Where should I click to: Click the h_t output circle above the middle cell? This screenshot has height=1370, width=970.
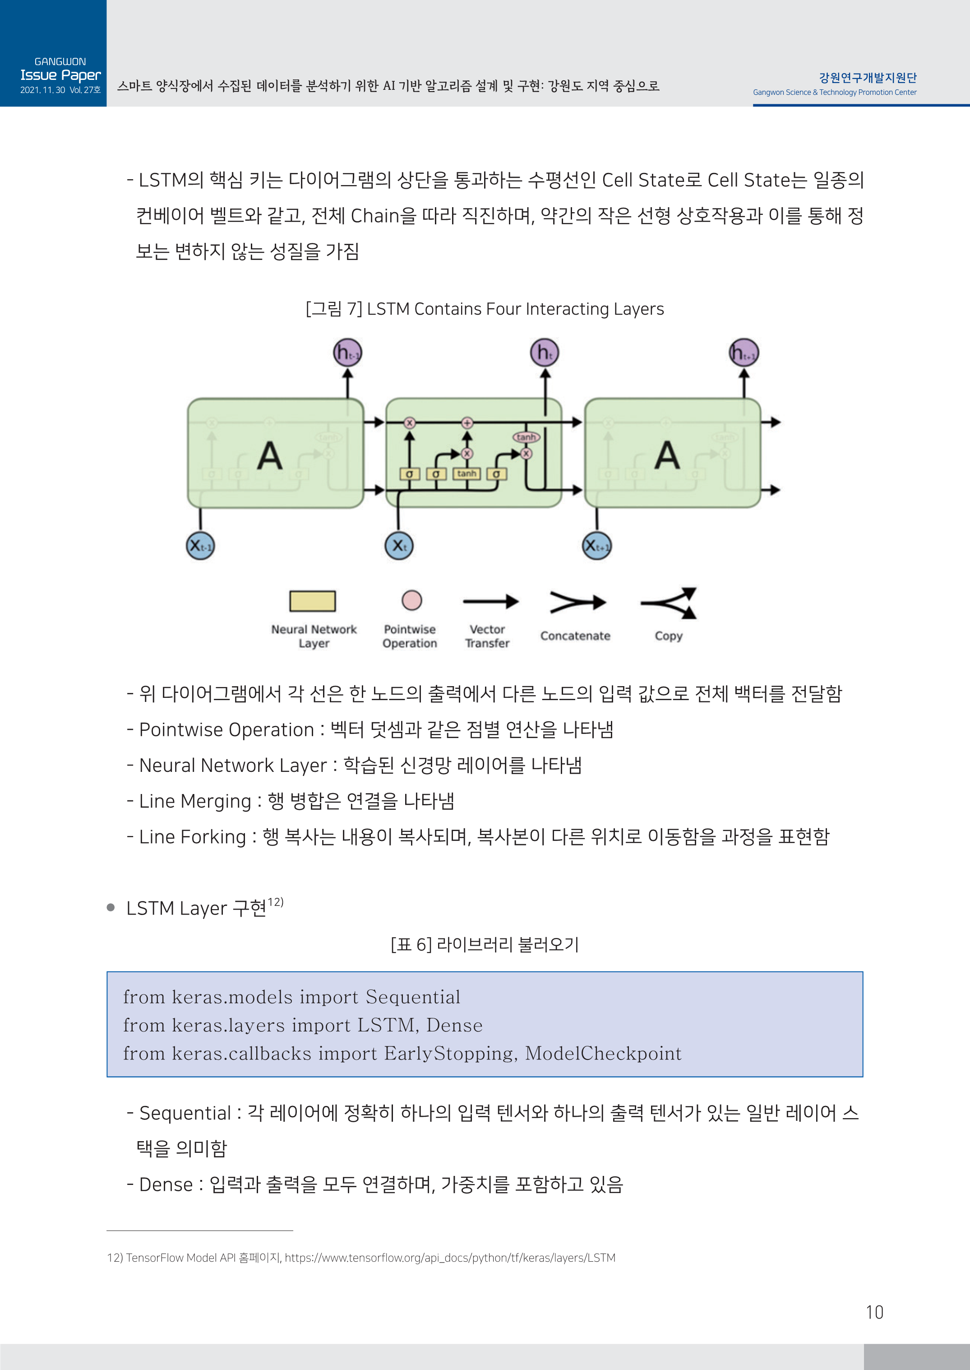coord(544,353)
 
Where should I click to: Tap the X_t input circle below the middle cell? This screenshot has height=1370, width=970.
coord(399,545)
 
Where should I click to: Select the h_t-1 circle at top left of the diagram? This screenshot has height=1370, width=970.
coord(347,353)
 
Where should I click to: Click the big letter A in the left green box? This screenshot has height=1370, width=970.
coord(270,456)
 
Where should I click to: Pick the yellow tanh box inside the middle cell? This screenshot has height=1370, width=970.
coord(467,474)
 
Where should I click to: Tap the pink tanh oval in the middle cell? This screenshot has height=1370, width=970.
coord(526,437)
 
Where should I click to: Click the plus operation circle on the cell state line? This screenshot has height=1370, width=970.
coord(467,423)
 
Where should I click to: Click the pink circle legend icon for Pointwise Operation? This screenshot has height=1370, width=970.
coord(411,600)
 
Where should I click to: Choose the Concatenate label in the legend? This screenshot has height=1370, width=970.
coord(575,636)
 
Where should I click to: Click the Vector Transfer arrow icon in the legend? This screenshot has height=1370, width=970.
coord(490,601)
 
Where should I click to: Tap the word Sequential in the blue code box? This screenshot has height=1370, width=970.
coord(413,997)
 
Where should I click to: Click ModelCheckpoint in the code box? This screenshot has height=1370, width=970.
coord(603,1053)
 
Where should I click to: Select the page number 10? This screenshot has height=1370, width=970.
coord(874,1312)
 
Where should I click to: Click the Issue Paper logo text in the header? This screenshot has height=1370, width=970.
coord(60,75)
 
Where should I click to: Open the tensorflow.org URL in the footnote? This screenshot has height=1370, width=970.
coord(449,1258)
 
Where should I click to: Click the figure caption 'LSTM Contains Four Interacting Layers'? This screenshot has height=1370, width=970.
coord(515,309)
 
